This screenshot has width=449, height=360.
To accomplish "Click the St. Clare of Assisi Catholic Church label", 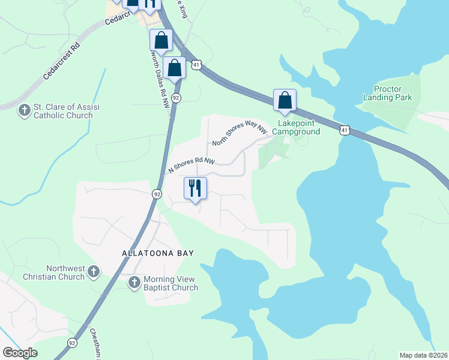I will click(66, 112).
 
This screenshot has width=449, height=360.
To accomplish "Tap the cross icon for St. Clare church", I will click(24, 110).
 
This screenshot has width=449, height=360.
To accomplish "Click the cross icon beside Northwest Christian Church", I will click(93, 272).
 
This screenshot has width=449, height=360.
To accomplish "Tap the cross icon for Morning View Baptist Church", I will click(134, 281).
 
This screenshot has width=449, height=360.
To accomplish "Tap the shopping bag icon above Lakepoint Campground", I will click(285, 100).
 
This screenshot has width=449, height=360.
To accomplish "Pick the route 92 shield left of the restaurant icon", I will click(157, 194).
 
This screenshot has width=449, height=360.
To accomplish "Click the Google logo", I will click(20, 353).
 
